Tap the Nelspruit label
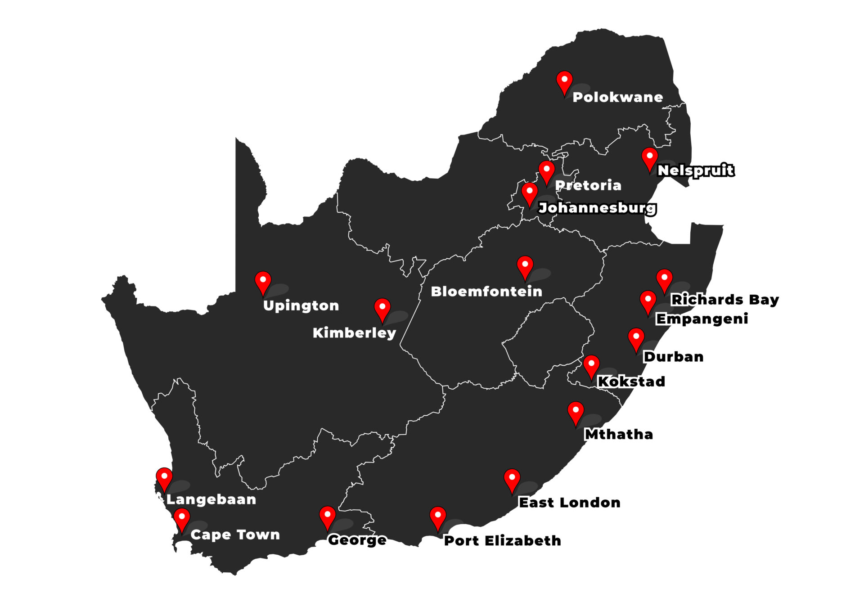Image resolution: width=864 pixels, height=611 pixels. [x=695, y=170]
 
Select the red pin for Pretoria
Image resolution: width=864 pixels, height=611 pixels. [x=546, y=171]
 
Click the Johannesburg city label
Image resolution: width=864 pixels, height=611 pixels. [x=597, y=207]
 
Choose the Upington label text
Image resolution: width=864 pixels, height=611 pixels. [x=301, y=305]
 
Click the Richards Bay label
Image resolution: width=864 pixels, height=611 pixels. [x=725, y=300]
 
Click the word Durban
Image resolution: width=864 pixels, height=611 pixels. [x=674, y=357]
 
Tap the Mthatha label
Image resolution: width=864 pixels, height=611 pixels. [x=619, y=434]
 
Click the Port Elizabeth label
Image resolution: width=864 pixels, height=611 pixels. [x=503, y=540]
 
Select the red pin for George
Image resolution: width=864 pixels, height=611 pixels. [x=327, y=516]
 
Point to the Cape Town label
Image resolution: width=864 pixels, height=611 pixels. [x=235, y=535]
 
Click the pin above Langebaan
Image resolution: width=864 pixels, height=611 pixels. [x=164, y=478]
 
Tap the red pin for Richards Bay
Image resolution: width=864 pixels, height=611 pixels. [x=664, y=279]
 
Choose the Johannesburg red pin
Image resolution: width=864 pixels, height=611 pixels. [x=529, y=193]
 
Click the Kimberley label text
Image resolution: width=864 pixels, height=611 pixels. [x=354, y=333]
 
